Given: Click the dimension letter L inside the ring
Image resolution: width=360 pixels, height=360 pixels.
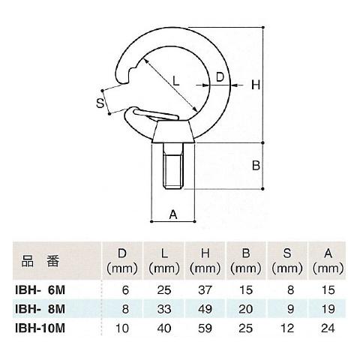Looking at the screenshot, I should [175, 80].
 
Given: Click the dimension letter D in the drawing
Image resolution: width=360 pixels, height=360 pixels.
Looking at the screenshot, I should [220, 76].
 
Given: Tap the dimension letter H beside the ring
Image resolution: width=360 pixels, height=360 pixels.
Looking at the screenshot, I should [255, 85].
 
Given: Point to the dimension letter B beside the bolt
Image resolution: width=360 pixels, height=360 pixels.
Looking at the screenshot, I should [255, 165].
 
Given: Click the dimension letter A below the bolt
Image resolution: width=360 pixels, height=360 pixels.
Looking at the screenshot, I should [172, 214].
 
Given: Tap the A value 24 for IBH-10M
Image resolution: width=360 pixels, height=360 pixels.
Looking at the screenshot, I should [325, 328].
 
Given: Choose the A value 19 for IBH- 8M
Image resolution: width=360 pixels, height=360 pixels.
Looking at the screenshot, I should [325, 309].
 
